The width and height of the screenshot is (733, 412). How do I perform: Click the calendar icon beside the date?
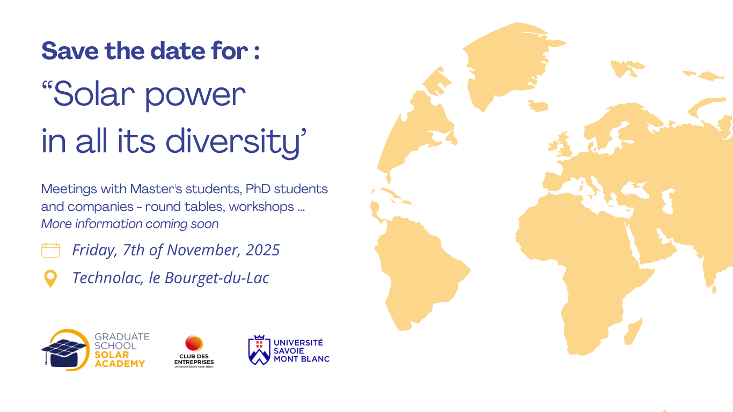(50, 251)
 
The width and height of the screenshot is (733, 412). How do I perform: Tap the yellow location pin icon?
(50, 279)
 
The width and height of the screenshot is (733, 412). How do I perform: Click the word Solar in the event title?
(94, 94)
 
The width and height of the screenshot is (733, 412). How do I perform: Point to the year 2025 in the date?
(262, 250)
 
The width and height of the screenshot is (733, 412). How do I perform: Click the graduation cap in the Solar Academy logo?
(64, 352)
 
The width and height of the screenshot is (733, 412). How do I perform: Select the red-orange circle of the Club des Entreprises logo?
(194, 344)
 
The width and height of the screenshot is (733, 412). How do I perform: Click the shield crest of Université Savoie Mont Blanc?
(259, 350)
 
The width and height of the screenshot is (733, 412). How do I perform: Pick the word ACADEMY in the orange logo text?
(120, 364)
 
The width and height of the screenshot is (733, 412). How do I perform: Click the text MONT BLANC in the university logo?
(302, 359)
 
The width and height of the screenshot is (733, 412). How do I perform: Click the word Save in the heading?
(70, 51)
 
